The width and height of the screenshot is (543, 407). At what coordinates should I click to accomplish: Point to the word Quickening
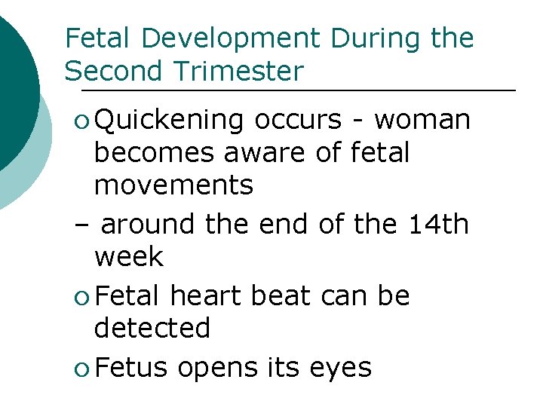(x=170, y=121)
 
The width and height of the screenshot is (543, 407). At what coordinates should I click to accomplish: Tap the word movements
(x=173, y=185)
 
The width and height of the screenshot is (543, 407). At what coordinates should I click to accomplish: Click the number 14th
(x=437, y=224)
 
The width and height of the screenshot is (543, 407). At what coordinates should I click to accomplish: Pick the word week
(x=128, y=257)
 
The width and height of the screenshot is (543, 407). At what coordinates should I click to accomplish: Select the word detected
(x=152, y=329)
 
